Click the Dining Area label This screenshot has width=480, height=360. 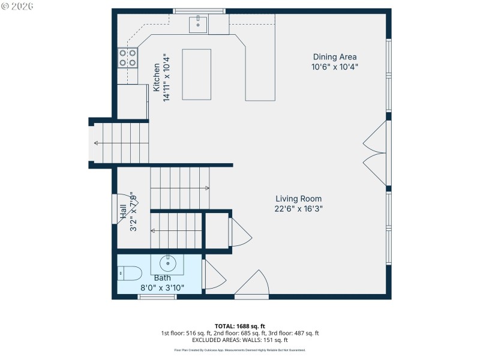[x=334, y=57]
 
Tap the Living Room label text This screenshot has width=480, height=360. [x=298, y=199]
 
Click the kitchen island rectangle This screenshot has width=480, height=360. [x=197, y=74]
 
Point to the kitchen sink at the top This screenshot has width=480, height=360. [x=198, y=25]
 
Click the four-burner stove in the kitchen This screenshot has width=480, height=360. [x=127, y=57]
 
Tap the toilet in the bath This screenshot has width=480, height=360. [x=128, y=274]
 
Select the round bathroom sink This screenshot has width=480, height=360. [x=168, y=262]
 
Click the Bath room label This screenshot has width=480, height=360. [x=162, y=278]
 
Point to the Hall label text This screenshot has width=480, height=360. [x=123, y=211]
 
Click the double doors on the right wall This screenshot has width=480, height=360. [x=376, y=153]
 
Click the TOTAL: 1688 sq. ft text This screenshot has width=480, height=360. [x=239, y=326]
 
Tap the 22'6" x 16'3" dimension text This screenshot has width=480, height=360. [x=298, y=209]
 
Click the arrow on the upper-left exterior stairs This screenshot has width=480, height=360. [x=97, y=143]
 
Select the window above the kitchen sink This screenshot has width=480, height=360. [x=199, y=10]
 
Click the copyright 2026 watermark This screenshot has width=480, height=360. [x=17, y=5]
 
